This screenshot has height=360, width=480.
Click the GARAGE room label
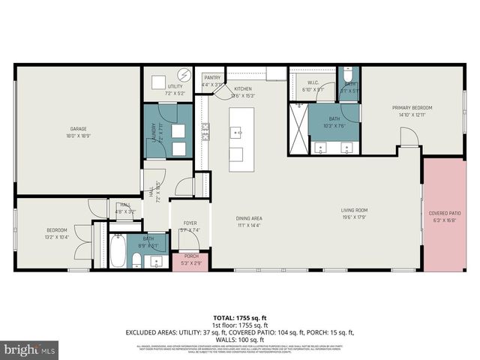[78, 129]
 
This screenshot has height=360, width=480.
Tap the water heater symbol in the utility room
[184, 76]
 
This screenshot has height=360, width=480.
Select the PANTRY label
[213, 76]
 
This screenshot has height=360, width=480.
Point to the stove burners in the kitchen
[204, 134]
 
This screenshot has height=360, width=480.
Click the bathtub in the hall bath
[118, 253]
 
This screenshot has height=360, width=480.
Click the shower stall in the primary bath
[298, 129]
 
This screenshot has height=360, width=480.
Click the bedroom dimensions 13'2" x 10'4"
[57, 237]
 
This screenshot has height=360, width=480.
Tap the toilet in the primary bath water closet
[349, 77]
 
